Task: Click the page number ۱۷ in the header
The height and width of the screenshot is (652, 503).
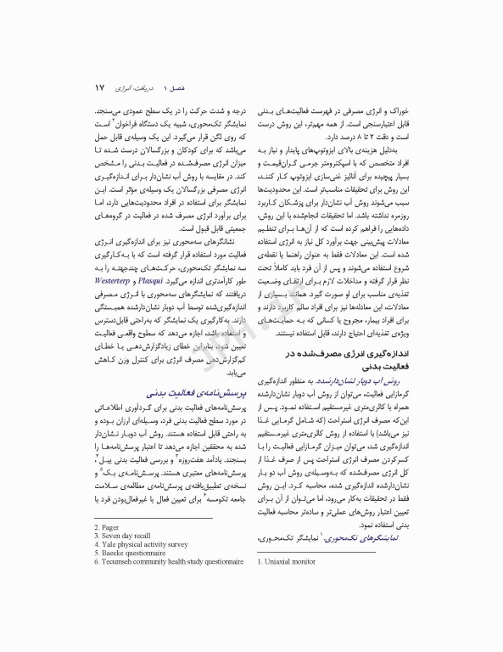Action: tap(99, 87)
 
